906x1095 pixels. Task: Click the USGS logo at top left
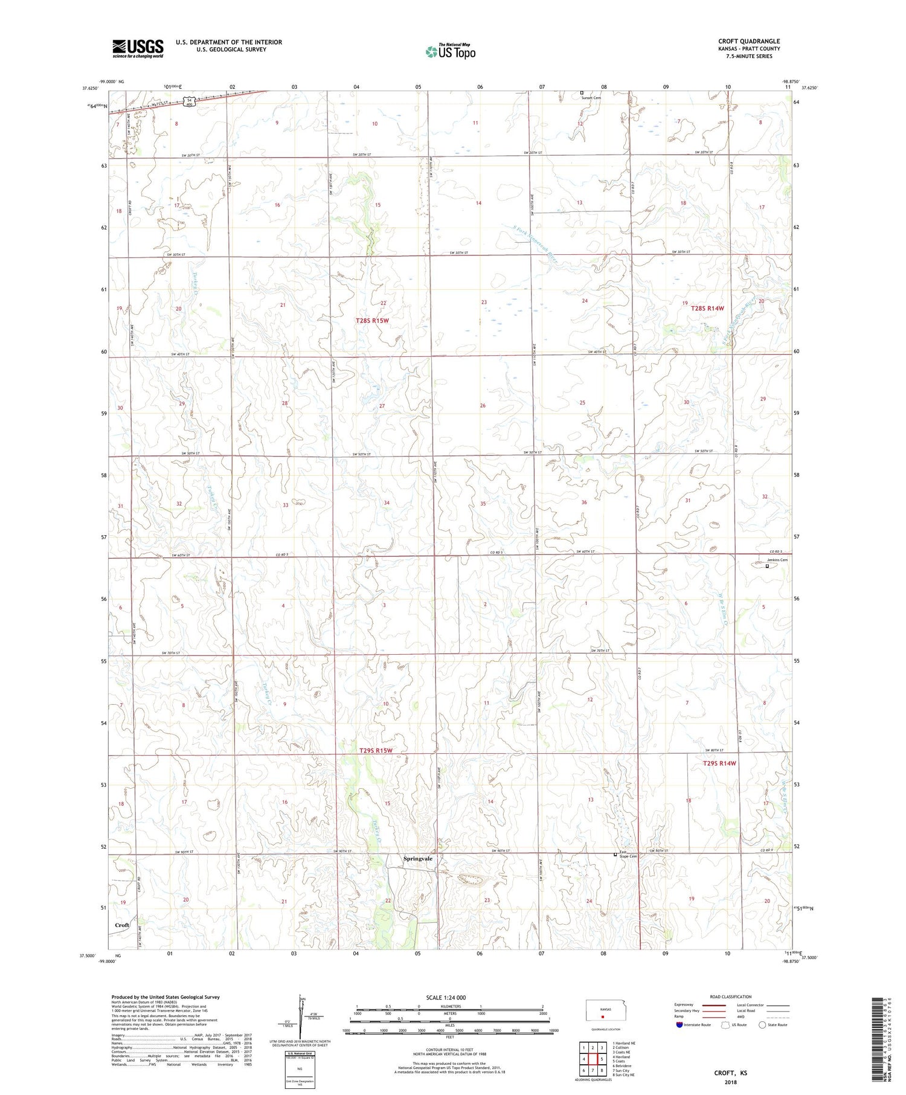(x=138, y=48)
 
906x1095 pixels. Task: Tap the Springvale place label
(x=418, y=858)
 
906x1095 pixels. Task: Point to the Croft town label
(x=122, y=925)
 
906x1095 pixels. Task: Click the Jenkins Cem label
(x=777, y=560)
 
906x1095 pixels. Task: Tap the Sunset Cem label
(x=591, y=98)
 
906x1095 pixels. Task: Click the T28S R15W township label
(x=372, y=321)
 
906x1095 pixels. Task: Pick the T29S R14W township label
(x=719, y=763)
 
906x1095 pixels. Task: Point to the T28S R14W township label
(x=707, y=308)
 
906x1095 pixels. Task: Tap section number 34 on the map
(x=387, y=503)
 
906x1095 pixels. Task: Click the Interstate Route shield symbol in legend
(x=679, y=1024)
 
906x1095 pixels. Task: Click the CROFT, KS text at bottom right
(x=730, y=1073)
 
